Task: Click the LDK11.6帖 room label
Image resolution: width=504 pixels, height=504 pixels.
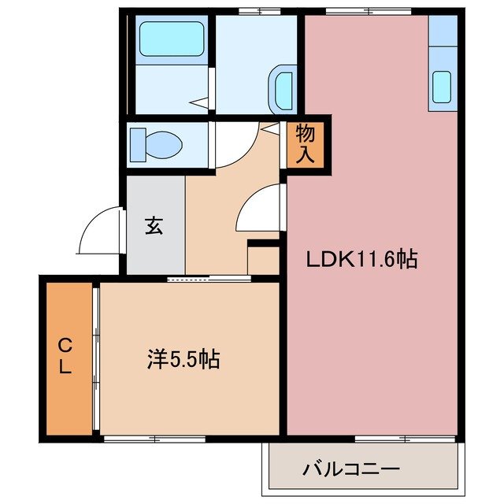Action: click(x=362, y=259)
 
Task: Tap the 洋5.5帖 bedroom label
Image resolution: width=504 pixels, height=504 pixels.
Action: click(x=183, y=360)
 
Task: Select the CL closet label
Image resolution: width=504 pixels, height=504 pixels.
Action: click(x=66, y=355)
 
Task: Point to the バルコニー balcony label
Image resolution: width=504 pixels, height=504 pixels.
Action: click(x=351, y=469)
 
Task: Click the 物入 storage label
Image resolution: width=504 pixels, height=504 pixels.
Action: click(x=306, y=144)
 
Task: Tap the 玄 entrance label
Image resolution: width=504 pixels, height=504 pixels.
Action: click(x=154, y=226)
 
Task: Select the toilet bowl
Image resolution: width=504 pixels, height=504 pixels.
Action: click(x=157, y=144)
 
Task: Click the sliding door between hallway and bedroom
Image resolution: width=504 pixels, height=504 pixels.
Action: click(x=209, y=278)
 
